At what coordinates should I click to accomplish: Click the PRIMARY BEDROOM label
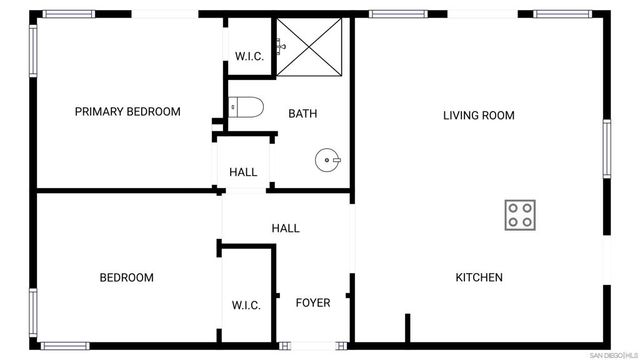click(x=128, y=112)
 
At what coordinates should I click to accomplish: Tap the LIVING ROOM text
click(x=479, y=116)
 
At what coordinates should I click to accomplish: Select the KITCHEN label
click(x=479, y=278)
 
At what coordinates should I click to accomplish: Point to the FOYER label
click(x=313, y=303)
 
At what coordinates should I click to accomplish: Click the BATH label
click(x=303, y=114)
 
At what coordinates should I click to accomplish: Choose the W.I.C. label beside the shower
click(x=249, y=57)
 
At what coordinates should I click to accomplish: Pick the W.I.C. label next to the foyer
click(x=246, y=305)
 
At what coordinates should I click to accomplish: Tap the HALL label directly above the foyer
click(x=286, y=229)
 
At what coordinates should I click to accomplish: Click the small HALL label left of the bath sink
click(x=243, y=172)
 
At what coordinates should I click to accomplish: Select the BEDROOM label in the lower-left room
click(x=126, y=278)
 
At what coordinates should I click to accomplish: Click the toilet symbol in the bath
click(x=244, y=105)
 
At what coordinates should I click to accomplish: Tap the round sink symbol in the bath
click(x=328, y=159)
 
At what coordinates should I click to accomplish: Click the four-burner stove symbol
click(x=520, y=215)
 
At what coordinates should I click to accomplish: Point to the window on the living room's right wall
click(x=606, y=149)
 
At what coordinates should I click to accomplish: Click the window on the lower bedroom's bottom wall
click(x=72, y=346)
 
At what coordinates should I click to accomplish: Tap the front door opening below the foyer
click(x=312, y=346)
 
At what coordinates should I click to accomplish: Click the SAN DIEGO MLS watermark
click(x=612, y=354)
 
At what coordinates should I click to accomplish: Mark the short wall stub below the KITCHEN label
click(x=407, y=327)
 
